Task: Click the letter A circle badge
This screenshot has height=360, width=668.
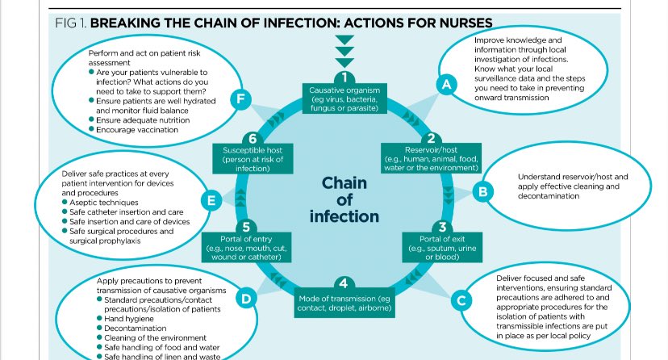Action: click(443, 83)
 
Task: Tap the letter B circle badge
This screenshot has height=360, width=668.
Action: click(482, 192)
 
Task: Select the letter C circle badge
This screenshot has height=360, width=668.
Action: click(461, 300)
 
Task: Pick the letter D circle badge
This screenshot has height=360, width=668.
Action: click(247, 299)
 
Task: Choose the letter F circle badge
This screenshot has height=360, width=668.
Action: click(239, 99)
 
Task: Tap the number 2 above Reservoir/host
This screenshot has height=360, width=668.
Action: click(431, 138)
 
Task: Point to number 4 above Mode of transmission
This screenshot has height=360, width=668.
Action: click(344, 283)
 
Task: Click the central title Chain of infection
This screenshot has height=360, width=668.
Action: click(344, 199)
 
